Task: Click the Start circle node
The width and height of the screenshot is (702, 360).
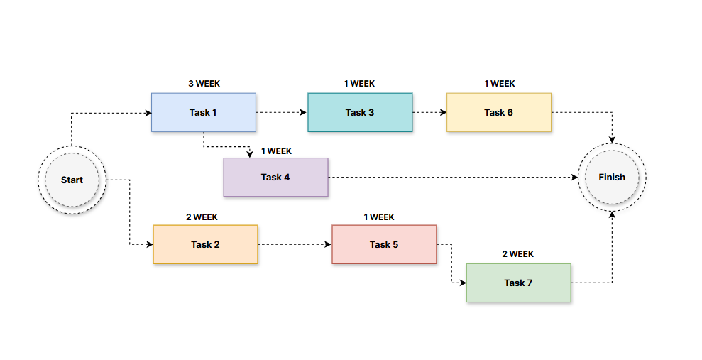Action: (71, 180)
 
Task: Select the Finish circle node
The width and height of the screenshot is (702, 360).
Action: (611, 177)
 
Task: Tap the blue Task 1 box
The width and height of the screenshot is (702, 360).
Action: (204, 112)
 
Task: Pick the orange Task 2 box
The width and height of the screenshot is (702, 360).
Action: (205, 244)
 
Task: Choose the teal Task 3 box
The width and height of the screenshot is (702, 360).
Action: (360, 112)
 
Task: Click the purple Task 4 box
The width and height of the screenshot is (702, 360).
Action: (275, 177)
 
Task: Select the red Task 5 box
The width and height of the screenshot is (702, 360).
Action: (384, 244)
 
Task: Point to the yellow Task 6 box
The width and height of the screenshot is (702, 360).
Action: (498, 112)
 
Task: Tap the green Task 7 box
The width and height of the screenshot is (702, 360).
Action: (518, 283)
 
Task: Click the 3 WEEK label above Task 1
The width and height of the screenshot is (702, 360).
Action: (204, 84)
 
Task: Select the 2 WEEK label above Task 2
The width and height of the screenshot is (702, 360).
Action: (202, 217)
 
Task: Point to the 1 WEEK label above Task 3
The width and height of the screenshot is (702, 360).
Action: (359, 84)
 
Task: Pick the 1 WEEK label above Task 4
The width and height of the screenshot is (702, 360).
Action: (276, 151)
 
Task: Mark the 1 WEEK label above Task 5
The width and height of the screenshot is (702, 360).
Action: (379, 217)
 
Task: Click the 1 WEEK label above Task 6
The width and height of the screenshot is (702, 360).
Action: (500, 84)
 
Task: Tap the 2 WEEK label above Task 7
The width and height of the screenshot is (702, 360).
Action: (518, 254)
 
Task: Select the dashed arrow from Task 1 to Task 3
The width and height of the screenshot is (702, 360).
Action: (281, 112)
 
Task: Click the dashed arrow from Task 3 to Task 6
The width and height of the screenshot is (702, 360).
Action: (429, 112)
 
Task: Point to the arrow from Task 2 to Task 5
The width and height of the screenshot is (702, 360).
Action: (294, 244)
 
